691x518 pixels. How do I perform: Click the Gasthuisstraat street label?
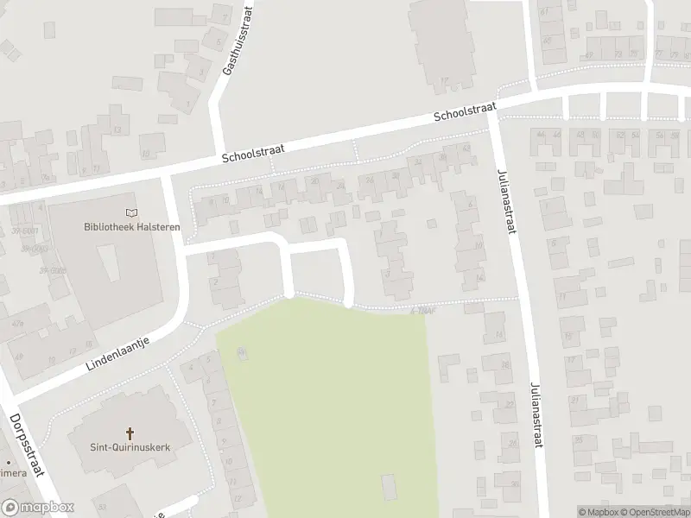pos(238,41)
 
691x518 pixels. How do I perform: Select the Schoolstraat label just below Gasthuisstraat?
pos(252,154)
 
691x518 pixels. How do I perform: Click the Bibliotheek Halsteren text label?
pos(130,227)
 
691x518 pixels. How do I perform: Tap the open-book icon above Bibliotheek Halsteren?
pos(130,213)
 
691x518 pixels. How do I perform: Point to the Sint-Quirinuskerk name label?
pos(130,446)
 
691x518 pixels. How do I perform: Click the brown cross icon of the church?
pos(130,433)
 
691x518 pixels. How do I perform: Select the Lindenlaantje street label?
pos(118,354)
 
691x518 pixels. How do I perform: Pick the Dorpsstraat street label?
pos(27,445)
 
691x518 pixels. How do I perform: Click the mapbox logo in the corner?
pos(38,508)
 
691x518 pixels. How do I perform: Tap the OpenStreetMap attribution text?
pos(655,512)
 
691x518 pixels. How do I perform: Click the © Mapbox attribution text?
pos(598,512)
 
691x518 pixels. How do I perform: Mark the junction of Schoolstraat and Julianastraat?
pos(493,109)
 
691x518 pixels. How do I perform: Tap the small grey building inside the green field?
pos(389,486)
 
